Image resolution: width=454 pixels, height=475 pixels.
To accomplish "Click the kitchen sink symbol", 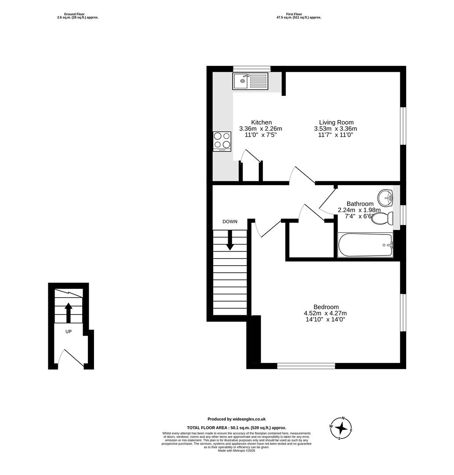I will pyautogui.click(x=250, y=81).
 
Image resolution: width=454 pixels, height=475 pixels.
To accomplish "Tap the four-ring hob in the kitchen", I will pyautogui.click(x=222, y=141).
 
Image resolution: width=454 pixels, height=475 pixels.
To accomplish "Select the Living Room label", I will pyautogui.click(x=336, y=122).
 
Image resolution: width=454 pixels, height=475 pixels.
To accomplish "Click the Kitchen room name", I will pyautogui.click(x=261, y=122).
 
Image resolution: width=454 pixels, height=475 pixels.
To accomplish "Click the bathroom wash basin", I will pyautogui.click(x=386, y=196).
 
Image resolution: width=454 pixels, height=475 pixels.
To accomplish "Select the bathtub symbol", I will pyautogui.click(x=365, y=245).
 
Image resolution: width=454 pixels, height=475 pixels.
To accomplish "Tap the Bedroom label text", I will pyautogui.click(x=326, y=307).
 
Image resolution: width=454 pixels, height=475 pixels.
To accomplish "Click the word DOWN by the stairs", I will pyautogui.click(x=230, y=222).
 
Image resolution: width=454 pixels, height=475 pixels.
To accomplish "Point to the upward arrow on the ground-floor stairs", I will pyautogui.click(x=69, y=313).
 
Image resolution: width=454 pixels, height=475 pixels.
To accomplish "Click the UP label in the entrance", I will pyautogui.click(x=69, y=332).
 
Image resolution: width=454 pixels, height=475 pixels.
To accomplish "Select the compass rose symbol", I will pyautogui.click(x=341, y=428).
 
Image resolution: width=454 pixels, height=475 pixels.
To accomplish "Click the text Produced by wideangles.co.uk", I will pyautogui.click(x=236, y=419).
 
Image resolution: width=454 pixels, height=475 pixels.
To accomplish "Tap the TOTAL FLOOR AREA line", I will pyautogui.click(x=236, y=427).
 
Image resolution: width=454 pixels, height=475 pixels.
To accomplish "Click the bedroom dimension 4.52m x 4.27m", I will pyautogui.click(x=325, y=313).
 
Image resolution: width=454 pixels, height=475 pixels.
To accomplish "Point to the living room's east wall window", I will pyautogui.click(x=403, y=125).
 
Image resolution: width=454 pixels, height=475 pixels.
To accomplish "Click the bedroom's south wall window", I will pyautogui.click(x=306, y=365).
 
